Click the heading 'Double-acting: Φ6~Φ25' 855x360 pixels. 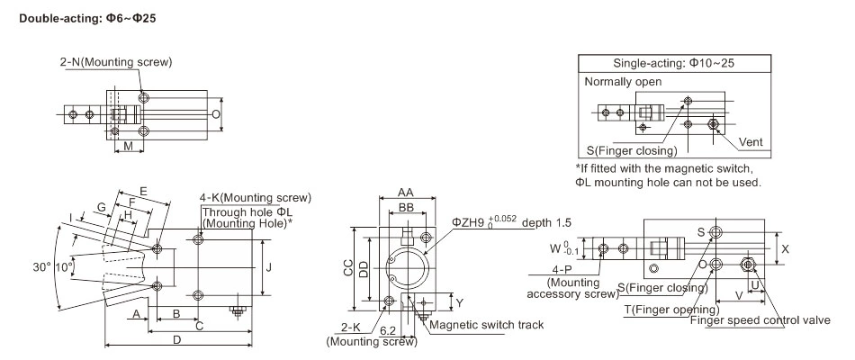[x=82, y=18]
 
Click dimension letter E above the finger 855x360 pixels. [x=143, y=192]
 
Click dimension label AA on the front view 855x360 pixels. [x=405, y=193]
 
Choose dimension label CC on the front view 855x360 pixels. [x=347, y=267]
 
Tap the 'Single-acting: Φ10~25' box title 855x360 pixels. [x=671, y=64]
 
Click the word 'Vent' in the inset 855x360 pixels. [x=750, y=142]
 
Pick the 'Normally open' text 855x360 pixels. [x=623, y=81]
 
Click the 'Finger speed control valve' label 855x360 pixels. [x=759, y=319]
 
